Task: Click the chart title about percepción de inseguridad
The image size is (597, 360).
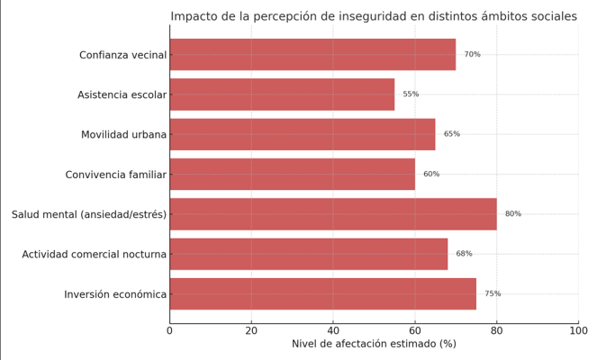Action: click(374, 16)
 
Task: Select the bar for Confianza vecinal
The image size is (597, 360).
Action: click(312, 55)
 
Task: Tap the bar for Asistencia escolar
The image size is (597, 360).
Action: click(282, 94)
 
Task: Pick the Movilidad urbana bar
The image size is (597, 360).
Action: click(303, 134)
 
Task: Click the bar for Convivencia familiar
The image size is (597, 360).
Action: click(293, 174)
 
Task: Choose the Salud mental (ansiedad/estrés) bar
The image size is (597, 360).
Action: click(333, 214)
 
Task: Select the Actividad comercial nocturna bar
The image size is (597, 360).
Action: click(309, 254)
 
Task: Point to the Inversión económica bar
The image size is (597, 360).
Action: click(323, 293)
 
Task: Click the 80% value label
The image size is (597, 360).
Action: click(513, 214)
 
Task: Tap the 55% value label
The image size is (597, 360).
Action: click(411, 94)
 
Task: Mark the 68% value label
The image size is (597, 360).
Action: click(464, 254)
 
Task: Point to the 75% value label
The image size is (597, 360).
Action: click(493, 293)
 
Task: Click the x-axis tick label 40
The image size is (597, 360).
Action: click(333, 330)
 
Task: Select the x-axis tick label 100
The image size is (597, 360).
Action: click(578, 330)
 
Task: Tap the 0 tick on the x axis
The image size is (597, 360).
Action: click(169, 330)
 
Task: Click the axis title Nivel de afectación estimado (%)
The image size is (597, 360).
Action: click(374, 345)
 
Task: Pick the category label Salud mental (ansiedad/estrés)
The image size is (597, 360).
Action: click(89, 214)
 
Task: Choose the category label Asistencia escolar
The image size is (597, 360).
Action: click(122, 94)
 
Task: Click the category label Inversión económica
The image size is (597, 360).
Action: click(115, 294)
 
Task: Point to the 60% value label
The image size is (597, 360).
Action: click(431, 174)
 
